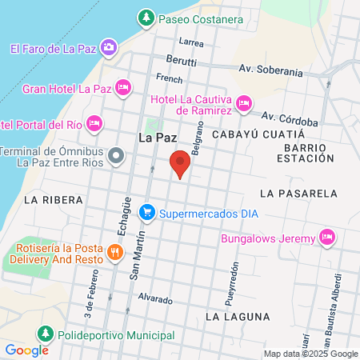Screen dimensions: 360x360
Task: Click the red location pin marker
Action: coord(181,164)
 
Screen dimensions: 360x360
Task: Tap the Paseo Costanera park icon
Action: coord(146,17)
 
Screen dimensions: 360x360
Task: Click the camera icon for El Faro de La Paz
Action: coord(109,48)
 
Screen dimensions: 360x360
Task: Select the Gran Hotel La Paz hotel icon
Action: coord(122,87)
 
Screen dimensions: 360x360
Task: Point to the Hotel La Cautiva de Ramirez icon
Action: coord(244,102)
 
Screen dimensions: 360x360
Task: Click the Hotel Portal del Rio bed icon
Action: coord(94,122)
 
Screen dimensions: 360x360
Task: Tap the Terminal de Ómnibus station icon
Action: coord(116,154)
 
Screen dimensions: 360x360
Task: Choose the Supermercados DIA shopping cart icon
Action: coord(146,213)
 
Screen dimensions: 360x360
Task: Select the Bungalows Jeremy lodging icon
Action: coord(326,237)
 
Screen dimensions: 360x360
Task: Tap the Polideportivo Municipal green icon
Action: coord(46,332)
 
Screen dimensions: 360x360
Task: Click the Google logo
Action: coord(26,350)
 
